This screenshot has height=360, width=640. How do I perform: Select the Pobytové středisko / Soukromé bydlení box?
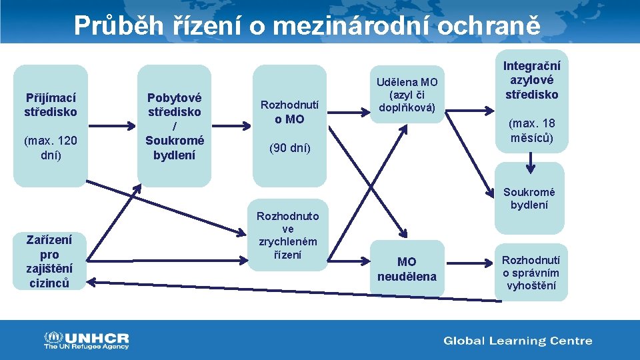[x=175, y=125]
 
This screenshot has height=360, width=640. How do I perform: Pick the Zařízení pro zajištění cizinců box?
[x=50, y=261]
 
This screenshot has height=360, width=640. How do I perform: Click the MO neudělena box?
[x=407, y=269]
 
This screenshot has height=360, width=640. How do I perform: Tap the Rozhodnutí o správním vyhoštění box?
[x=531, y=273]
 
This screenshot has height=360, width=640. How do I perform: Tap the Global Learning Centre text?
[x=518, y=341]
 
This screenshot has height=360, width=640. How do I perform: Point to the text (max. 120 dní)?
[x=51, y=147]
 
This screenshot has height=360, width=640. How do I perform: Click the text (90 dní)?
[x=290, y=148]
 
